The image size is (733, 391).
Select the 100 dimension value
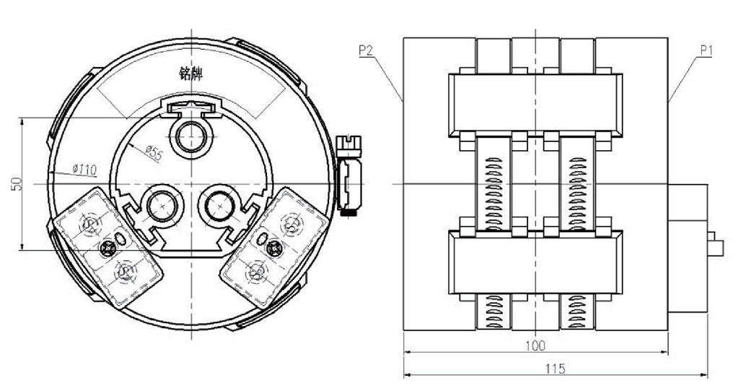pyautogui.click(x=535, y=346)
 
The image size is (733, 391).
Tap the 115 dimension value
pyautogui.click(x=555, y=369)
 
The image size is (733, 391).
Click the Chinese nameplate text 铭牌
pyautogui.click(x=190, y=73)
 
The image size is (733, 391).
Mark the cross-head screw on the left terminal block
pyautogui.click(x=108, y=250)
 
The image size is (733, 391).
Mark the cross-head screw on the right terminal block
pyautogui.click(x=273, y=248)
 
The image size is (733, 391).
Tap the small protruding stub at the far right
pyautogui.click(x=718, y=243)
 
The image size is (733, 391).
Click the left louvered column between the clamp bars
pyautogui.click(x=492, y=184)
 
